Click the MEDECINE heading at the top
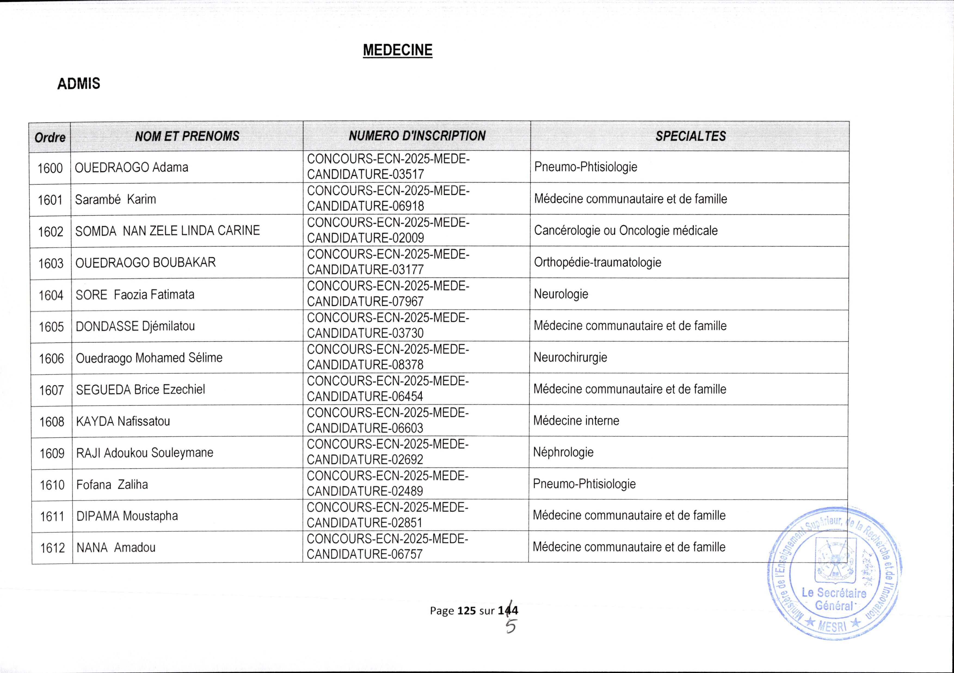click(397, 50)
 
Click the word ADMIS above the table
click(79, 84)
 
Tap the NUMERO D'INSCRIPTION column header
click(417, 136)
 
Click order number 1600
click(50, 168)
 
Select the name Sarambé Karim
click(116, 199)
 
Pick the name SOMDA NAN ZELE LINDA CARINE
click(167, 231)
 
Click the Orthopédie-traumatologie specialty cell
click(598, 262)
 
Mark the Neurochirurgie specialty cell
click(570, 357)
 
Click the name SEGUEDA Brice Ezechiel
click(140, 390)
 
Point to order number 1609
click(52, 453)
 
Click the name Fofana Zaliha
click(112, 485)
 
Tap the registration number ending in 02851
click(387, 515)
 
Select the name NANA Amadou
click(116, 548)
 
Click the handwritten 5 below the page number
click(511, 626)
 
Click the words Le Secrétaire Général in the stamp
click(834, 599)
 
